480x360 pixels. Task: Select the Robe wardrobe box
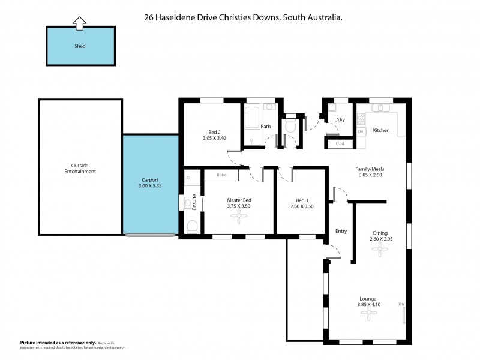point(221,175)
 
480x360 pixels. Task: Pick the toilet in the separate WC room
point(291,125)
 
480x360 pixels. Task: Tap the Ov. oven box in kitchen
point(361,131)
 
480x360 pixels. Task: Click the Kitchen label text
point(382,130)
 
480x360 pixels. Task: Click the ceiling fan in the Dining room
point(380,253)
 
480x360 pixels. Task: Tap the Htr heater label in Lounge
point(401,304)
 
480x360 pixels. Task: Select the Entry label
point(341,231)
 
